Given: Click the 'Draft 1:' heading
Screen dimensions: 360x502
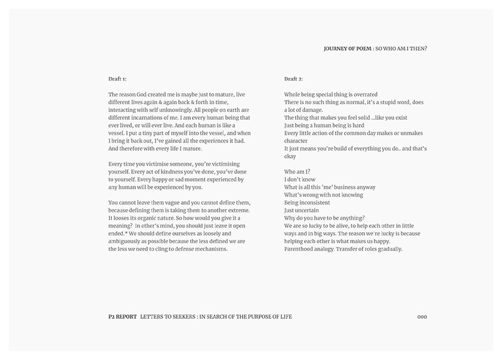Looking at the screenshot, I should (117, 79).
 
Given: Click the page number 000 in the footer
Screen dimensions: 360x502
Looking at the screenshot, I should (422, 316).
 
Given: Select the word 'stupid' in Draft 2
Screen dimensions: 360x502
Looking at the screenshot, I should (392, 102).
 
